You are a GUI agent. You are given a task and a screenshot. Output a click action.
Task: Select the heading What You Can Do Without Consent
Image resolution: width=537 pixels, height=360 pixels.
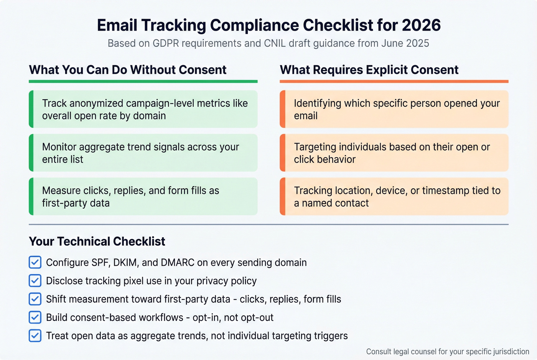(128, 70)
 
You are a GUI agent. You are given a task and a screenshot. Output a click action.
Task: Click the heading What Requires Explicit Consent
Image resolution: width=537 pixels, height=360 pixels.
(369, 70)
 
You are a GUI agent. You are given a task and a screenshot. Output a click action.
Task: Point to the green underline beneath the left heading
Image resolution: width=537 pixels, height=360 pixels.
(143, 81)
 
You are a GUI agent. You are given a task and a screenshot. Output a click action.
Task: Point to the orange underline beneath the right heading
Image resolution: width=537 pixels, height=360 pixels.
(394, 81)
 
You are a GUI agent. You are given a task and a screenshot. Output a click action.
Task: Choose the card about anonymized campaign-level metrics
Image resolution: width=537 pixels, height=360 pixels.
(143, 109)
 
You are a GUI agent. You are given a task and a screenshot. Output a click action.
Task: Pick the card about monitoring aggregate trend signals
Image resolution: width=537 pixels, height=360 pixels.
(143, 153)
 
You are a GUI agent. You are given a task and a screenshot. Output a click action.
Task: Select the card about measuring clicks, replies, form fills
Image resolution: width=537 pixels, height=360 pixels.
(143, 197)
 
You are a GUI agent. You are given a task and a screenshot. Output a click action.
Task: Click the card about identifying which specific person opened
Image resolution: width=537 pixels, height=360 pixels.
(394, 109)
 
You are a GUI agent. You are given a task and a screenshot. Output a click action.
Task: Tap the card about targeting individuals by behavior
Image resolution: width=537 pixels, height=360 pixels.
(394, 153)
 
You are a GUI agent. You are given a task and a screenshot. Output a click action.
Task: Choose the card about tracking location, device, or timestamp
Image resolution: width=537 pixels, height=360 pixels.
(394, 197)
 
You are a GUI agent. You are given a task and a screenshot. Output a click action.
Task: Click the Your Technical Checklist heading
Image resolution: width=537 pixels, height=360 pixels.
(97, 242)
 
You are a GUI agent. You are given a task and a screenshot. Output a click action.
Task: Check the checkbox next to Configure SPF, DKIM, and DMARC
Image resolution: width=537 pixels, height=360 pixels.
(35, 262)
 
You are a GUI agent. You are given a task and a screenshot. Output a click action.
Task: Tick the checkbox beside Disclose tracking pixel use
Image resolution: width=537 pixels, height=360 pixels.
(35, 281)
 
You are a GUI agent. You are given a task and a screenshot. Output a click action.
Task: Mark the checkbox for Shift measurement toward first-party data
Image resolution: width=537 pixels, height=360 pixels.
(35, 299)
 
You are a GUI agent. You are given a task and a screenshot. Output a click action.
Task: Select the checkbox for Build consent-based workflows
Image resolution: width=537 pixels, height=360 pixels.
(35, 317)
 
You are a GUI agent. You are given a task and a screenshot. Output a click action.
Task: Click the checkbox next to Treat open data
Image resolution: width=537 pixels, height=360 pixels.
(35, 336)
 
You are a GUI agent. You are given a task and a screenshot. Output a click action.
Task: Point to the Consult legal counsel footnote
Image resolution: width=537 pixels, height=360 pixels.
(447, 352)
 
